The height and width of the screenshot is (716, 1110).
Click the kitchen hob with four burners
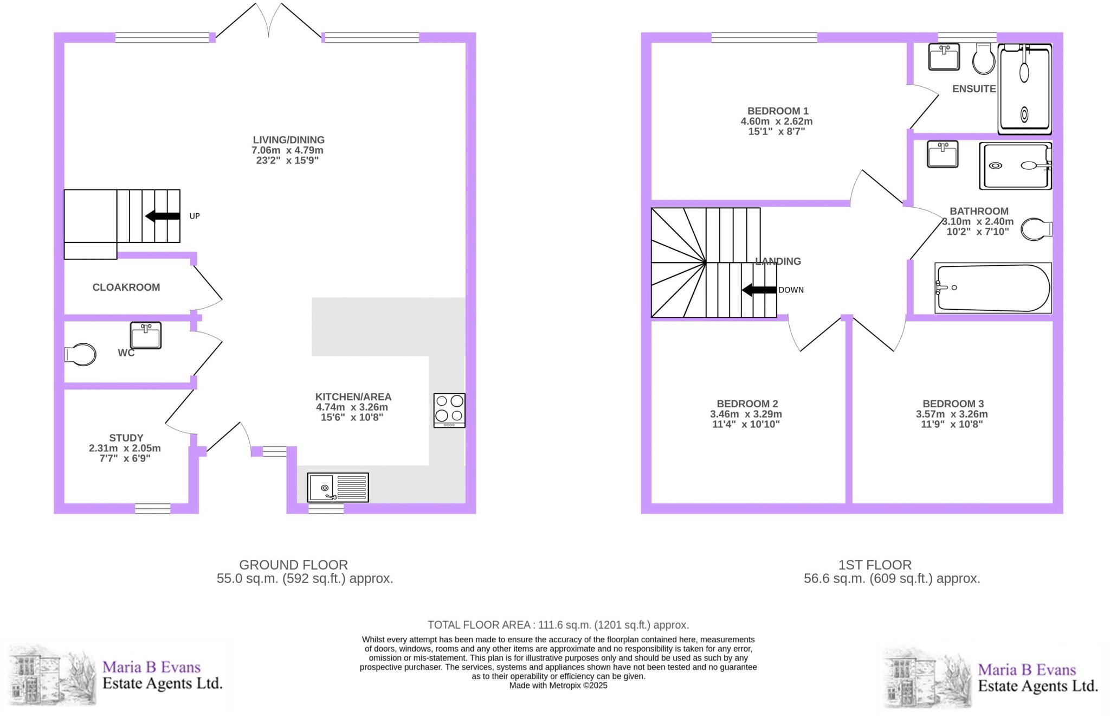[x=449, y=410]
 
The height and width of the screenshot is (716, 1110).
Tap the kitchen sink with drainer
[x=338, y=487]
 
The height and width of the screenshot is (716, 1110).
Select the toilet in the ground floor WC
[x=81, y=354]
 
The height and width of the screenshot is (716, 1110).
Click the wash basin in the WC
[x=146, y=335]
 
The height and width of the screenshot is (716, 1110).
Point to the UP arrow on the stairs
[x=163, y=216]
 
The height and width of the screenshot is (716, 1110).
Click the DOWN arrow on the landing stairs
[x=759, y=290]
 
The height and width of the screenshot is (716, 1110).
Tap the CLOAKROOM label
[x=126, y=287]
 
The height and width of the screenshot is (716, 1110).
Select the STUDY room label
[x=126, y=438]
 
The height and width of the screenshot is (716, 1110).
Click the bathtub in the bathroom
[x=993, y=288]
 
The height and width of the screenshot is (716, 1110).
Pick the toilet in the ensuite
[x=983, y=59]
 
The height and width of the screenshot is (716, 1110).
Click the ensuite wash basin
[x=944, y=57]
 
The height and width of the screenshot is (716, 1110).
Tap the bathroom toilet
[x=1036, y=229]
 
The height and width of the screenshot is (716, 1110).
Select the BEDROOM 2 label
[x=747, y=404]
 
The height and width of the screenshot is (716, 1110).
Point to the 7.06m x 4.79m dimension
[x=287, y=150]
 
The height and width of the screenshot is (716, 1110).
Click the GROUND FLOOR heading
[x=293, y=565]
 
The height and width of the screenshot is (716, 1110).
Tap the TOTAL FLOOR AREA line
[x=558, y=625]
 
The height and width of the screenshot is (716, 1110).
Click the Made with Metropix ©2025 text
[x=558, y=686]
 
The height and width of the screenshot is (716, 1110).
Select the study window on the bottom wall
[x=152, y=508]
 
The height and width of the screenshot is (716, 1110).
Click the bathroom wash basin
[x=943, y=154]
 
